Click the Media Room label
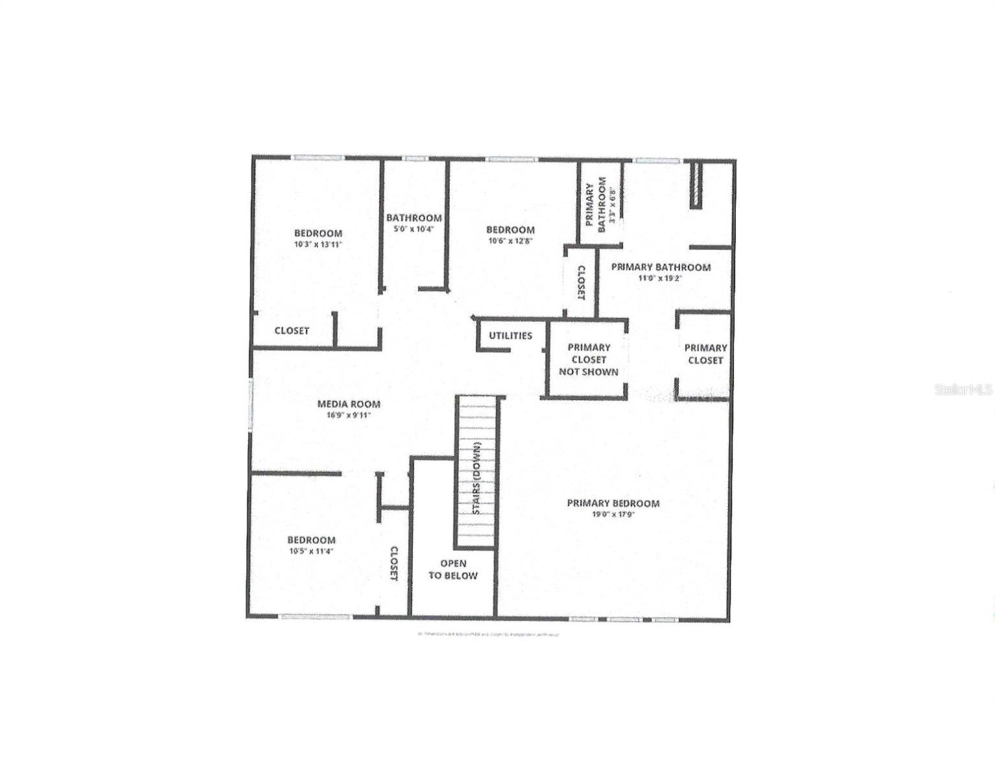tap(348, 404)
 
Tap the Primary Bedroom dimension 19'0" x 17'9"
tap(612, 515)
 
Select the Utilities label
tap(510, 336)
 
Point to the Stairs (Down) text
tap(477, 478)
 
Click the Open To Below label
tap(453, 569)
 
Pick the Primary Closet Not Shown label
tap(588, 360)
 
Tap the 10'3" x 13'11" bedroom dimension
tap(318, 245)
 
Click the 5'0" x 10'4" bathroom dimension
tap(414, 229)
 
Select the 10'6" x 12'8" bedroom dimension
tap(510, 241)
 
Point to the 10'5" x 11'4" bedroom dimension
tap(311, 551)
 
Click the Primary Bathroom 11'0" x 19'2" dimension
tap(660, 278)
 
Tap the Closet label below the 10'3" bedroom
tap(292, 330)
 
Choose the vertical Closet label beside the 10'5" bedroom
tap(394, 563)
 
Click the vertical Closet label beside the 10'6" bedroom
tap(581, 283)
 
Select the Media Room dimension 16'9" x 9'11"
tap(348, 415)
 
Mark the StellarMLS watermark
tap(963, 389)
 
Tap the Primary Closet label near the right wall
tap(705, 354)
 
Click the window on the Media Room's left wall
tap(250, 404)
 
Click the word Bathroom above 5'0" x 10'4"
tap(414, 218)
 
